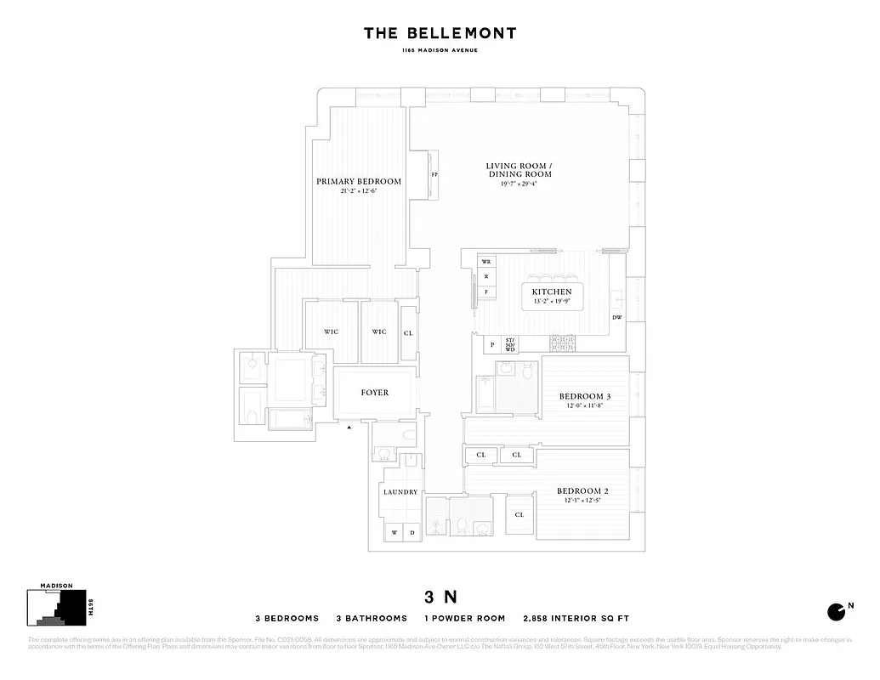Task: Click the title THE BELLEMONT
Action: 440,33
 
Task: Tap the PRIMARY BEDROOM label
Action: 358,181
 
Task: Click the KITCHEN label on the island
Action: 552,292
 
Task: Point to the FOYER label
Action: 375,393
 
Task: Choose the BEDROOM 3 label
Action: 584,397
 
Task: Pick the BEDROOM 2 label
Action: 582,491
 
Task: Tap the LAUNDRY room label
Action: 400,492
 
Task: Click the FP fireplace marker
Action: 434,175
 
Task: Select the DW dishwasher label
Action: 617,318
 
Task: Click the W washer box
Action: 394,533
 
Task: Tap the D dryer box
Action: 412,533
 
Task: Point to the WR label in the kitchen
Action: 486,262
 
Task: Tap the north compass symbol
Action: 837,611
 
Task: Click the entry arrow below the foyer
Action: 349,428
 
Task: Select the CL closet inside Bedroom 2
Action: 519,515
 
